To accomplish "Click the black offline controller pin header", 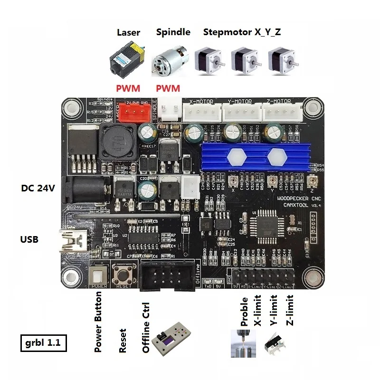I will point(166,275).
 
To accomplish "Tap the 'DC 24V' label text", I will point(38,188).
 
